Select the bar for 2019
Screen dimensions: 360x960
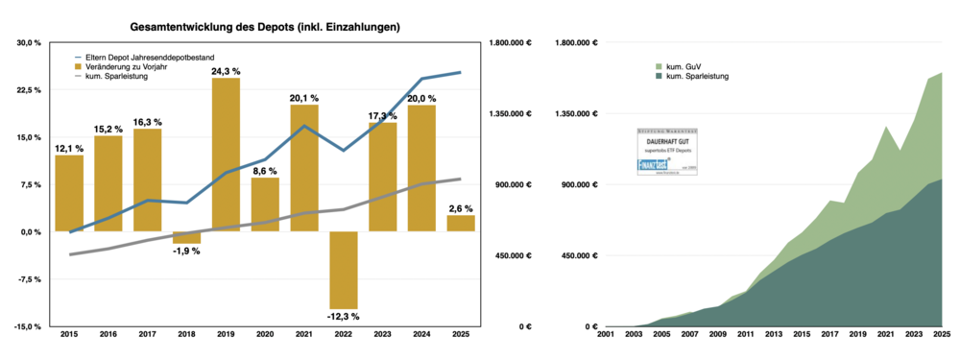226,154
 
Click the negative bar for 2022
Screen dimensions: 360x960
344,269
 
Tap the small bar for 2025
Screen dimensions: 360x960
461,223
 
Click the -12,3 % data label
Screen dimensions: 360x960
344,316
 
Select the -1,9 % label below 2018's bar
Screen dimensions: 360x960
186,251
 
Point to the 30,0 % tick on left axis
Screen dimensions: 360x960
29,43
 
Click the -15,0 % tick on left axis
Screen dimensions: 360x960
28,326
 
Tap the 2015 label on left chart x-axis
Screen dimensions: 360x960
69,334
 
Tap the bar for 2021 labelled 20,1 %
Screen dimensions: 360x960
304,168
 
